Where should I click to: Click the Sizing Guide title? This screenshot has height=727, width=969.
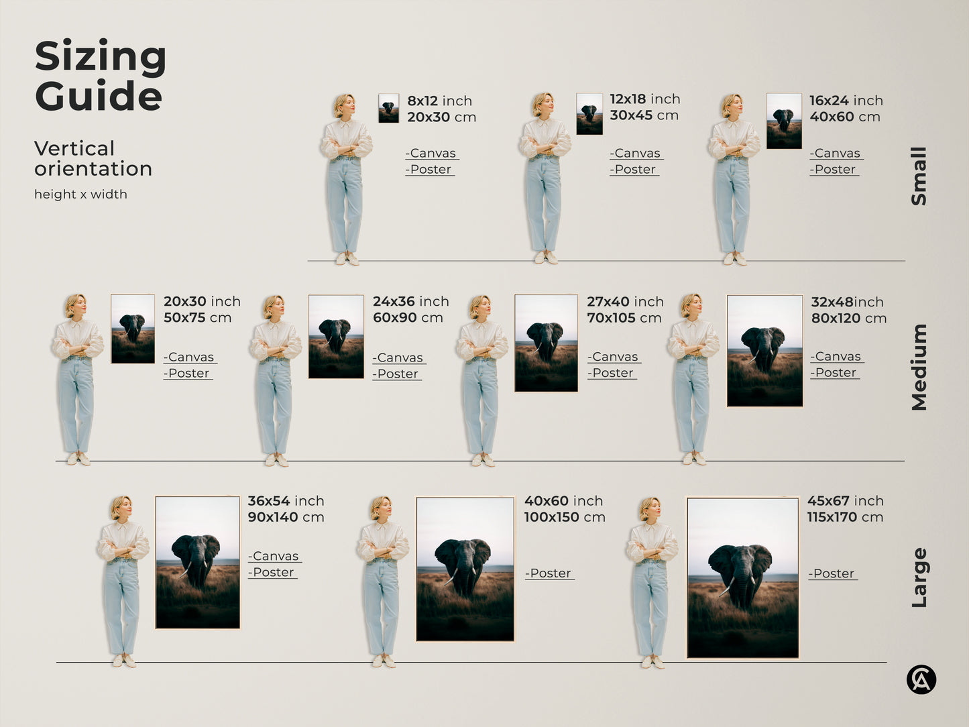tap(100, 76)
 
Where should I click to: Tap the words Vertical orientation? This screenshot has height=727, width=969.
tap(93, 158)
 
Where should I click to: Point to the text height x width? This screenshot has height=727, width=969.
tap(80, 194)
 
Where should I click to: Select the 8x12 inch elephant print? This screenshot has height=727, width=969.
tap(388, 108)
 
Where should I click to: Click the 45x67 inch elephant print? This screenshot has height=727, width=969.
tap(742, 577)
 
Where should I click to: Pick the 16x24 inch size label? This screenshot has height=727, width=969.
tap(845, 101)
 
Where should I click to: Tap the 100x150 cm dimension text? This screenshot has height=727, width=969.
tap(564, 517)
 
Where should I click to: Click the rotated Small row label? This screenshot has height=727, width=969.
tap(919, 176)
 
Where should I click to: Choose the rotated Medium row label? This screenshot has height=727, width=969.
tap(919, 367)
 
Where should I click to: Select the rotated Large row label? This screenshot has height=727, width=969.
tap(919, 577)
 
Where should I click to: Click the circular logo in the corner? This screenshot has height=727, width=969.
tap(921, 679)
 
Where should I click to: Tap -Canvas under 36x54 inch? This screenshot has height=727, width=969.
tap(274, 556)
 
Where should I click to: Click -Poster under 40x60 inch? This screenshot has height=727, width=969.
tap(549, 573)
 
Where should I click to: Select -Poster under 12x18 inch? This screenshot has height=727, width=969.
tap(634, 170)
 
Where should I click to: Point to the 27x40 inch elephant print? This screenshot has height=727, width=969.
tap(546, 343)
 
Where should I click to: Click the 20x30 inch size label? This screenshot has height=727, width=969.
tap(201, 302)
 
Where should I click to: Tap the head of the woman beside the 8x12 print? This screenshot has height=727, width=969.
tap(344, 105)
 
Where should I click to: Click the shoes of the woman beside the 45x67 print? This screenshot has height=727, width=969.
tap(651, 662)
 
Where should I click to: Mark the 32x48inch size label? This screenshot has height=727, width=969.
tap(847, 302)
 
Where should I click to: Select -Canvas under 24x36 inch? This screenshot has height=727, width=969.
tap(399, 358)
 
